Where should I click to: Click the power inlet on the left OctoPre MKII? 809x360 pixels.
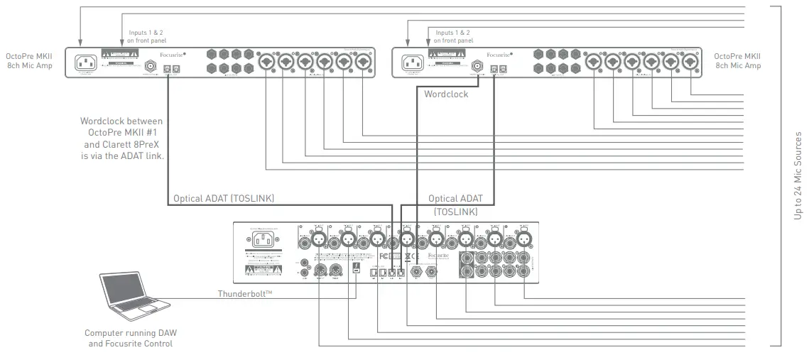tap(85, 62)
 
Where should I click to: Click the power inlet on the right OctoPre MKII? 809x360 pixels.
tap(411, 62)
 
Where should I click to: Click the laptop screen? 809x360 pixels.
tap(126, 290)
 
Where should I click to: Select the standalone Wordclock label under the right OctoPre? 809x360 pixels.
tap(446, 94)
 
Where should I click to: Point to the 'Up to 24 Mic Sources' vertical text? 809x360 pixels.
tap(798, 175)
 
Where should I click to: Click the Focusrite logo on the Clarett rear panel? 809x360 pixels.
tap(435, 253)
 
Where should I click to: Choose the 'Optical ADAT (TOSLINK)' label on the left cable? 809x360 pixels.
tap(224, 200)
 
